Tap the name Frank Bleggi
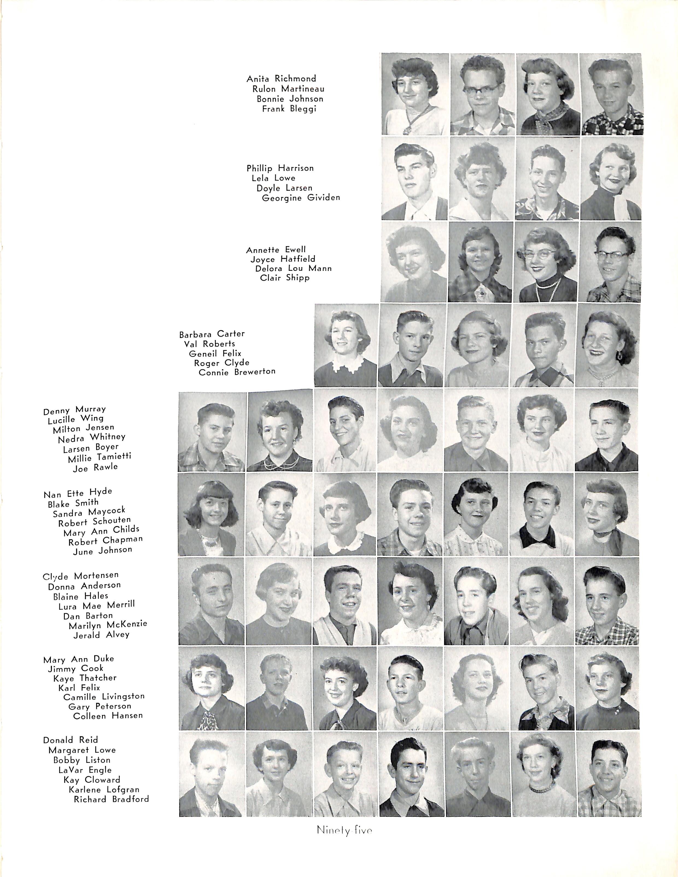[289, 109]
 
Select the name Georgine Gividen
[301, 198]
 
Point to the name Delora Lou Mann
[293, 268]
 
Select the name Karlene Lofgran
[104, 790]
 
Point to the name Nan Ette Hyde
[78, 493]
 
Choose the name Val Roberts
[209, 344]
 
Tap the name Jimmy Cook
[75, 669]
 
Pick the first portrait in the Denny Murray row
[212, 432]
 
